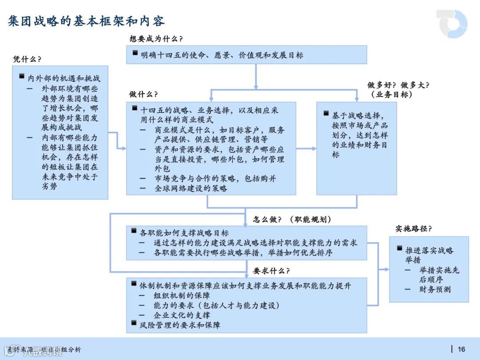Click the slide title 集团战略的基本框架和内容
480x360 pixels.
pyautogui.click(x=86, y=21)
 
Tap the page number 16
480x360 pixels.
pyautogui.click(x=461, y=349)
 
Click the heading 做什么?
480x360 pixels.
pyautogui.click(x=144, y=94)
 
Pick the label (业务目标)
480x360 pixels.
pyautogui.click(x=391, y=94)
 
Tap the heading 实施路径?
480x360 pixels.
pyautogui.click(x=413, y=228)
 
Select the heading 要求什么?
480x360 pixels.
pyautogui.click(x=271, y=271)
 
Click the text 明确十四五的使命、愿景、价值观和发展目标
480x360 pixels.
pyautogui.click(x=222, y=55)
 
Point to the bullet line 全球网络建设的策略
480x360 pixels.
pyautogui.click(x=191, y=188)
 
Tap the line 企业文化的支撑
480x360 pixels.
pyautogui.click(x=182, y=315)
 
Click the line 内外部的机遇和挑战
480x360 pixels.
pyautogui.click(x=64, y=78)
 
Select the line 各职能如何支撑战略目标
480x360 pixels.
pyautogui.click(x=184, y=233)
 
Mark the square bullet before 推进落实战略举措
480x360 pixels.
pyautogui.click(x=400, y=249)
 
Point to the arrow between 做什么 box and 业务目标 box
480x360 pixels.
pyautogui.click(x=306, y=148)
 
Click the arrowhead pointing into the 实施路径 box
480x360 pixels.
pyautogui.click(x=386, y=269)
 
